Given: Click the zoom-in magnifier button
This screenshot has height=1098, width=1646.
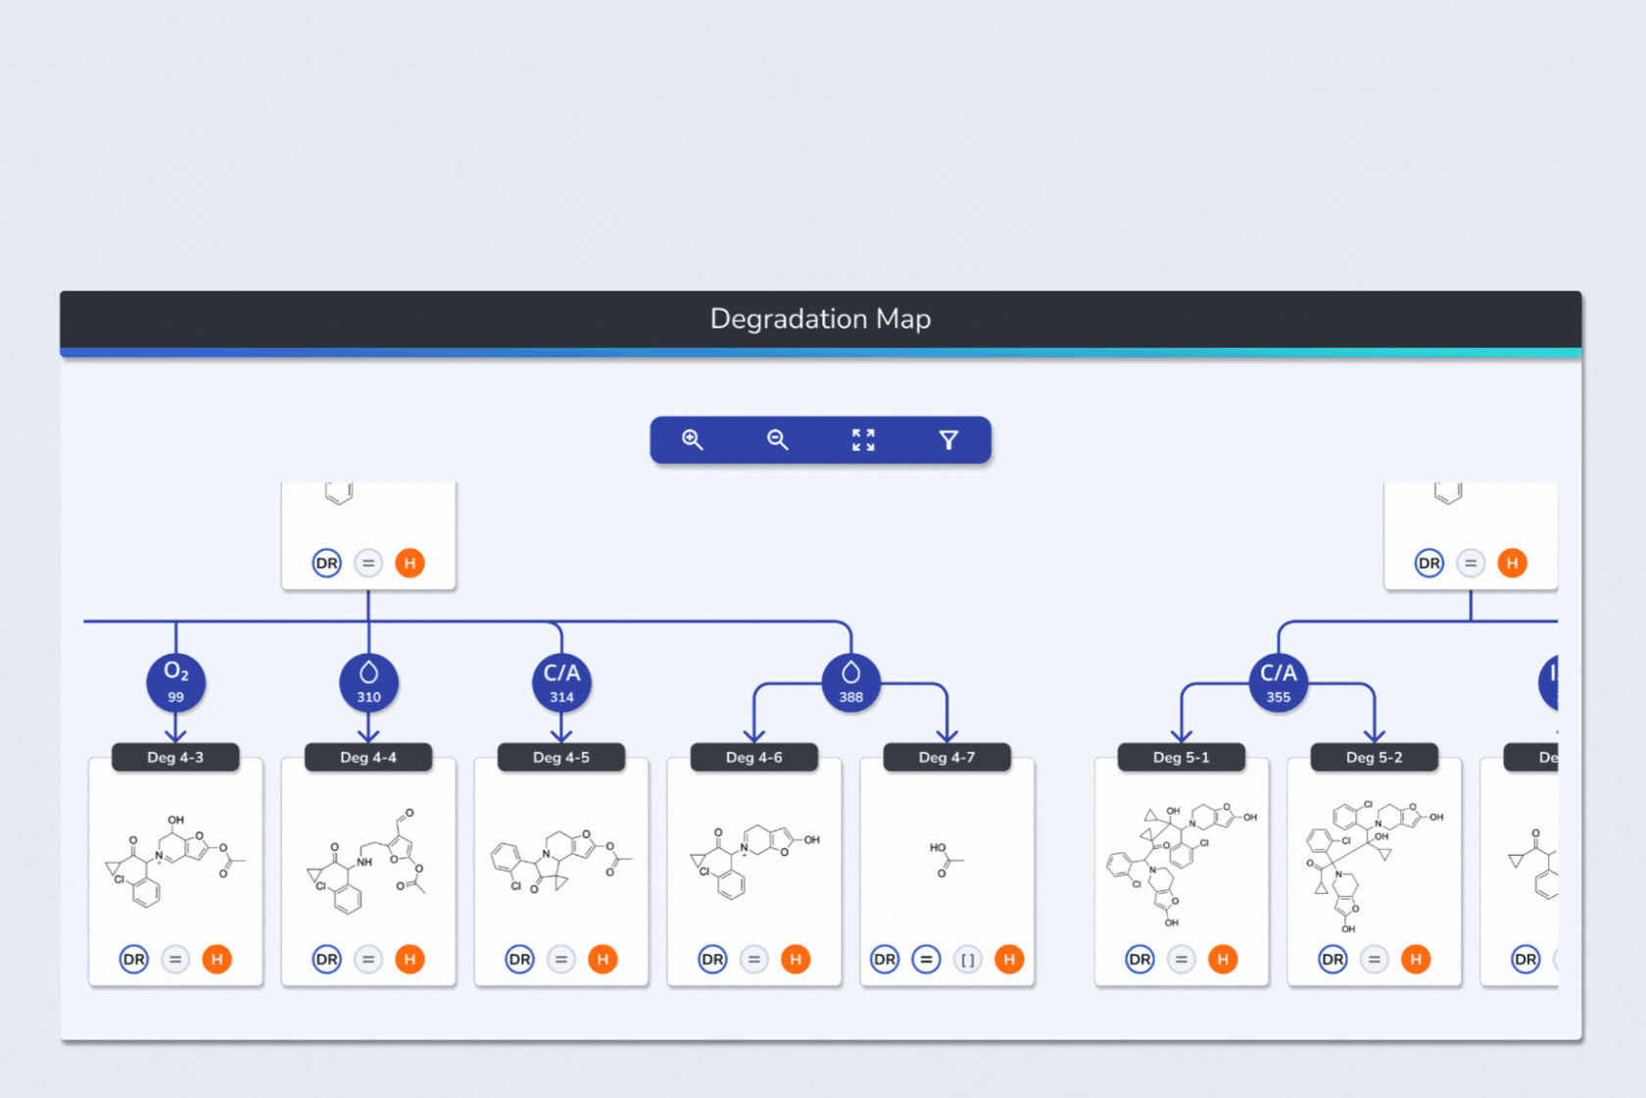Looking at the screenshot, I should coord(693,440).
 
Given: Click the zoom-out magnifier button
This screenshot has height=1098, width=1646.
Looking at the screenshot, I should coord(778,440).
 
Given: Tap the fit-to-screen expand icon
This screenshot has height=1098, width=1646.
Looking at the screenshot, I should coord(863,440).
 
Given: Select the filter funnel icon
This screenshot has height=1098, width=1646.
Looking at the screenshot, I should coord(948,440).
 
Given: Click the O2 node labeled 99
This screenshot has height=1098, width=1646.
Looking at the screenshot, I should coord(175,681).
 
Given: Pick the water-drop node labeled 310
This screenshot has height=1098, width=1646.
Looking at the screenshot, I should coord(368,681).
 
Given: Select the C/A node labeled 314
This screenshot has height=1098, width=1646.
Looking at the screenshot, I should coord(561,681).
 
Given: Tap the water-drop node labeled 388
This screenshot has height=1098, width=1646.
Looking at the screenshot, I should coord(850,681).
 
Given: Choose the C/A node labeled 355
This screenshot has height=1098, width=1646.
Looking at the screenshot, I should coord(1278,681).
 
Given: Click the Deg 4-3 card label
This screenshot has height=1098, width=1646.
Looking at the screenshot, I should coord(175,758).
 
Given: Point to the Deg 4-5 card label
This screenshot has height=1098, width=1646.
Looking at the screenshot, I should coord(561,758).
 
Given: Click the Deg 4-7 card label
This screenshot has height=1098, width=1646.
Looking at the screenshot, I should coord(946,758).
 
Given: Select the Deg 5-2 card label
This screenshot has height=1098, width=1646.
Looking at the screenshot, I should coord(1374,758).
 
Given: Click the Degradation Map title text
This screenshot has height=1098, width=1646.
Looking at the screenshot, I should coord(820,319).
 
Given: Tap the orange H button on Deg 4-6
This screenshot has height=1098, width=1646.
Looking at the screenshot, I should coord(796,959).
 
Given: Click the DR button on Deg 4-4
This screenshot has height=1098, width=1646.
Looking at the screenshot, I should coord(327,959).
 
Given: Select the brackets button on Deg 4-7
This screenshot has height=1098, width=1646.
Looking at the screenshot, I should coord(967,959).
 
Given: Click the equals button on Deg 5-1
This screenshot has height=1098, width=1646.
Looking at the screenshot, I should coord(1182,959).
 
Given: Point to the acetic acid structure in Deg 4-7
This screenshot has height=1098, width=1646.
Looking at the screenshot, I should coord(944,860).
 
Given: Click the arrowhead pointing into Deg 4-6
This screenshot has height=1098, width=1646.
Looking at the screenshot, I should coord(754,735).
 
